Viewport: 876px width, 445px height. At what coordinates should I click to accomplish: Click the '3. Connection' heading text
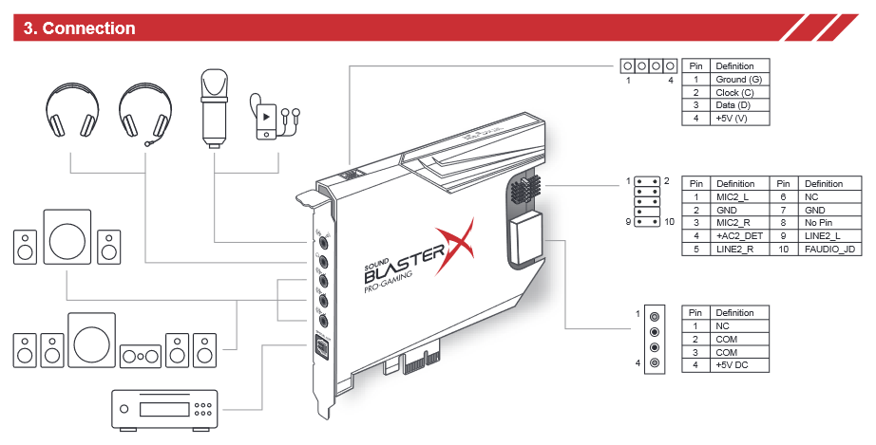(x=79, y=28)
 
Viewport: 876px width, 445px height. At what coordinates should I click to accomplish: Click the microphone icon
(x=214, y=106)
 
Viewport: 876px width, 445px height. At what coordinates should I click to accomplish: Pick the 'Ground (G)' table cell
(x=739, y=80)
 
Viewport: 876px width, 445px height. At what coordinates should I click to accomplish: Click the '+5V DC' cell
(x=732, y=364)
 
